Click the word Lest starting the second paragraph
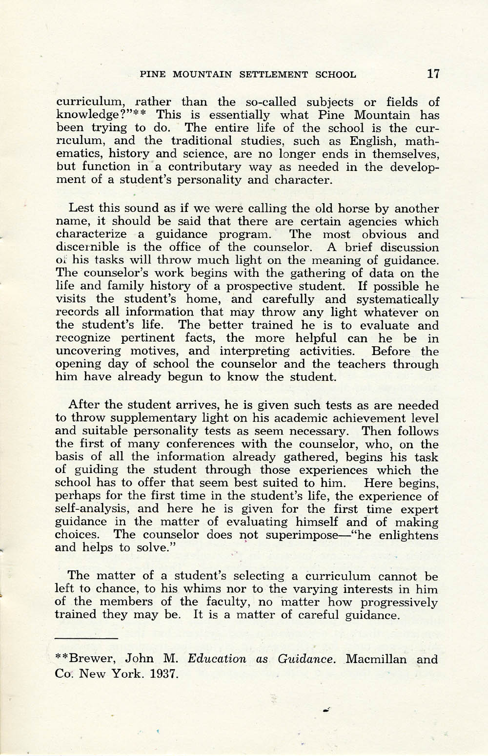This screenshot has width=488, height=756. [x=81, y=209]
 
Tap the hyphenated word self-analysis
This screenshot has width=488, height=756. [x=87, y=509]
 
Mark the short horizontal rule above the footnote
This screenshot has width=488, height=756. [x=87, y=638]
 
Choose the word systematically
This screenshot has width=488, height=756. [x=398, y=299]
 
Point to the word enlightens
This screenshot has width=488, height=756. [x=408, y=535]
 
